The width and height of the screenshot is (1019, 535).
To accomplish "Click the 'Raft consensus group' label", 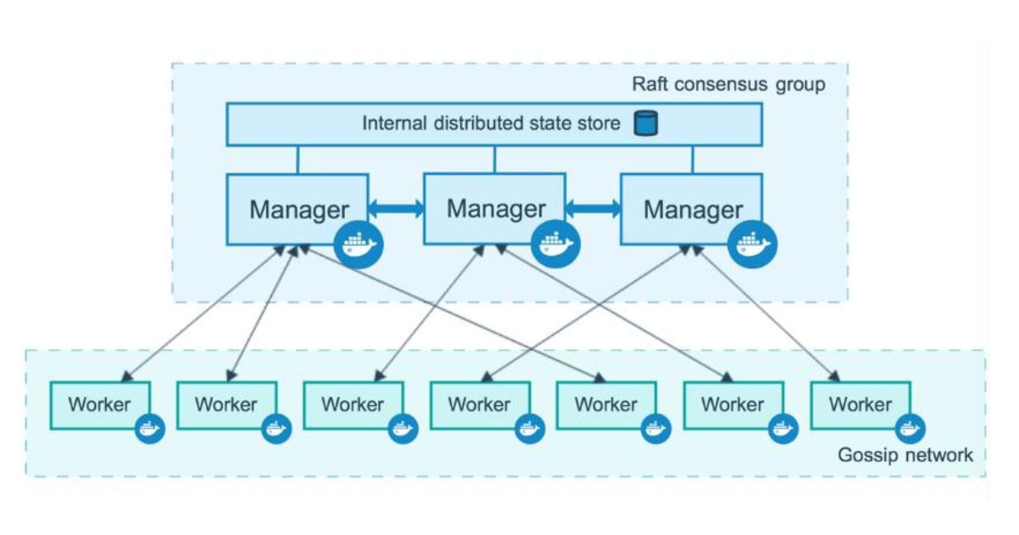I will coord(728,85).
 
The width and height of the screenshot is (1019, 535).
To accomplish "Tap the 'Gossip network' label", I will coord(905,455).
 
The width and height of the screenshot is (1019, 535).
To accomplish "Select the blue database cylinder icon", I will coord(647,124).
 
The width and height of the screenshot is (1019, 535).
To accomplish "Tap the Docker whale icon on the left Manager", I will coord(357,244).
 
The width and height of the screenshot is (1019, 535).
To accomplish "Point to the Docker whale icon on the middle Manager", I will coord(556,244).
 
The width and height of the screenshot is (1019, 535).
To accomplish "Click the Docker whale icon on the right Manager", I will coord(753,244).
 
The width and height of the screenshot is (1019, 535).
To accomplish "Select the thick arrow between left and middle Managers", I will coord(396,208).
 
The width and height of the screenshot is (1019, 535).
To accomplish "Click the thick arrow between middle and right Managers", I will coord(594,208).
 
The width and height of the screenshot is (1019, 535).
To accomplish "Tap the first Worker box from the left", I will coord(100,405).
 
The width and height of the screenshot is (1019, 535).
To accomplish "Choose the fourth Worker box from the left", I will coord(480,405).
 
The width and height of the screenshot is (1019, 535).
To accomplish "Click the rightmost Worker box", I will coord(860,405).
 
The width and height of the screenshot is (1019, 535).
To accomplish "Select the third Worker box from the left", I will coord(353,405).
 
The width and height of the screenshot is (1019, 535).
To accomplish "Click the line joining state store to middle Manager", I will coord(495,159).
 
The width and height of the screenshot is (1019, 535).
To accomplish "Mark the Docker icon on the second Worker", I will coord(276,429).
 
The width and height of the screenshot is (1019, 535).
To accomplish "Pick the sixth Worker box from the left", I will coord(733,405).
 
